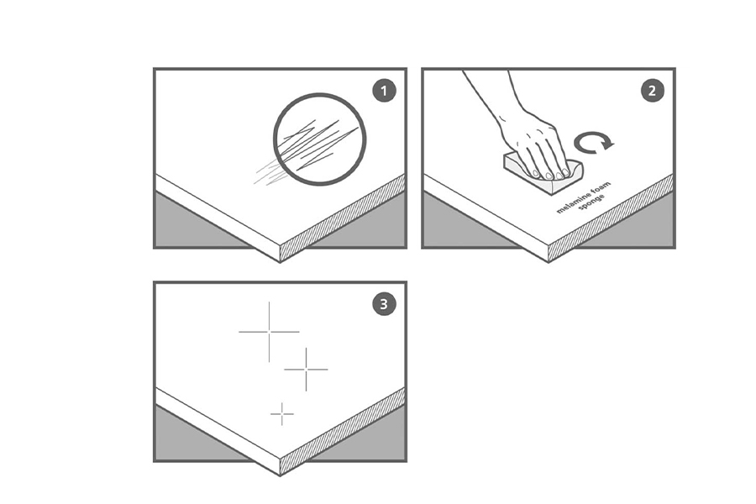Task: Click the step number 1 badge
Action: (x=384, y=91)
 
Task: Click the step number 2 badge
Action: (x=652, y=91)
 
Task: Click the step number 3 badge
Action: (x=384, y=304)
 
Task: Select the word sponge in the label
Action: (x=591, y=202)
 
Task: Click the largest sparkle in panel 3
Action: (x=269, y=332)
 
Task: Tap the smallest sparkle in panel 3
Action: (x=282, y=414)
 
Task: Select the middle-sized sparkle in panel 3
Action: (x=306, y=370)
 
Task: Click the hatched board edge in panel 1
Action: (x=343, y=218)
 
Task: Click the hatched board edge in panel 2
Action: (x=611, y=218)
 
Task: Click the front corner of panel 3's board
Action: (x=280, y=476)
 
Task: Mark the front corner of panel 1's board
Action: (x=280, y=262)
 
